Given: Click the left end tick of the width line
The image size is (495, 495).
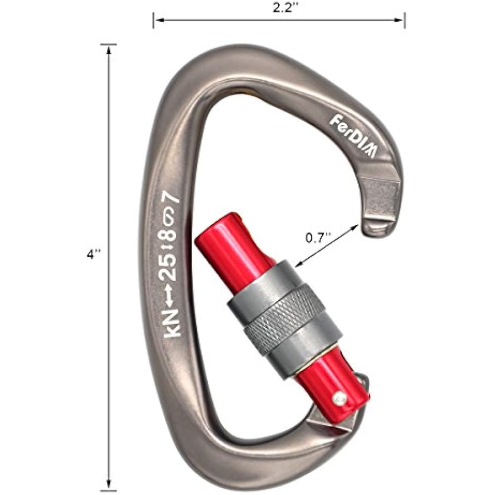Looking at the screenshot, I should [x=153, y=20].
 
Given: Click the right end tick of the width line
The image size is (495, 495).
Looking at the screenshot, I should [x=405, y=20].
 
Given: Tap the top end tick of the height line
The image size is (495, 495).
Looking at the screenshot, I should [x=108, y=45].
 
